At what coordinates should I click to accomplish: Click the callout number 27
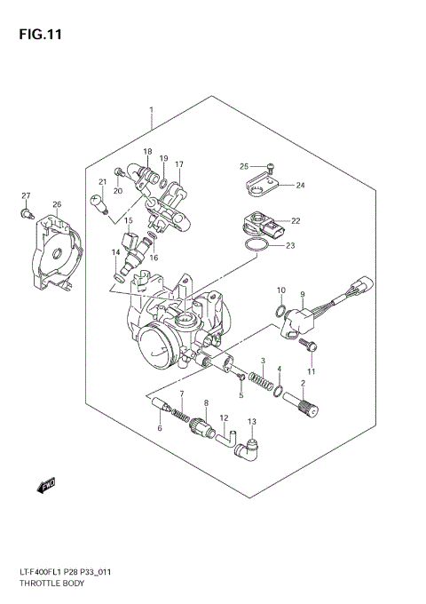coord(27,195)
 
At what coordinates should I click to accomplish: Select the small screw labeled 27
coord(28,212)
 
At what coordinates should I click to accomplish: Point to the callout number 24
coord(300,186)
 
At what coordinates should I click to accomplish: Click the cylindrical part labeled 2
coord(308,409)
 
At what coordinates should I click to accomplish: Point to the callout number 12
coord(224,417)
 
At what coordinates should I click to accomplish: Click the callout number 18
coord(147,152)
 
